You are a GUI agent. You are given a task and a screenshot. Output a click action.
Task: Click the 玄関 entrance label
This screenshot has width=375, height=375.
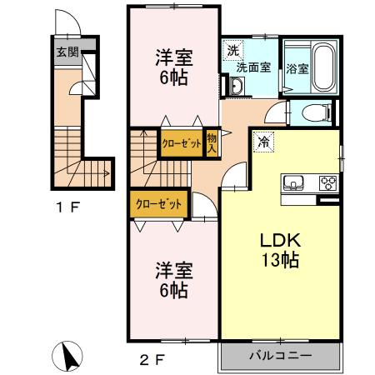coord(67,50)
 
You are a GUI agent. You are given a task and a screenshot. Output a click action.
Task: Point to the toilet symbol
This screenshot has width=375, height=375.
coord(317,111)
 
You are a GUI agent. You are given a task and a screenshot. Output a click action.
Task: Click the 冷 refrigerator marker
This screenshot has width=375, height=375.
coord(264,142)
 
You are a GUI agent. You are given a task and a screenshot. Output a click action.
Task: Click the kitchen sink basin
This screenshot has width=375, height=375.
coord(294,183)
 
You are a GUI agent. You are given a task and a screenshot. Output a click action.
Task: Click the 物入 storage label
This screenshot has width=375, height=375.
coord(212,143)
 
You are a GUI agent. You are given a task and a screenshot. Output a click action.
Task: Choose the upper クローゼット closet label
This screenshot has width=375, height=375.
coord(182,143)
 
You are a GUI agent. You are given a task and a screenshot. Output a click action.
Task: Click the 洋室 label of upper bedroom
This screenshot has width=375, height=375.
coord(174,58)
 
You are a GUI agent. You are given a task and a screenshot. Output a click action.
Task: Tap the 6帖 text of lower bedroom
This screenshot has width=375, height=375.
coord(174,291)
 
